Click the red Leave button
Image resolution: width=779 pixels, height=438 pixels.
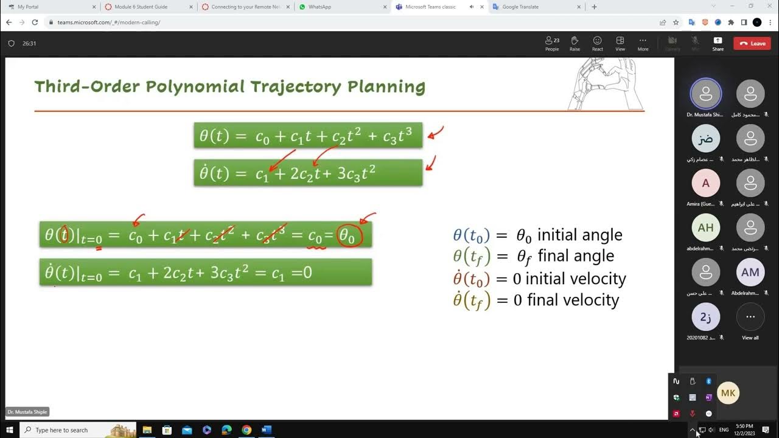click(x=752, y=43)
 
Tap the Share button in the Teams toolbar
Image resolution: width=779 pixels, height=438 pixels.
click(x=718, y=43)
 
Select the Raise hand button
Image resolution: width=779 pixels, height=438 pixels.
click(x=575, y=43)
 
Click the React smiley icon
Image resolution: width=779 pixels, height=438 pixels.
click(x=598, y=43)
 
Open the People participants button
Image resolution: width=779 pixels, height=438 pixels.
click(x=552, y=43)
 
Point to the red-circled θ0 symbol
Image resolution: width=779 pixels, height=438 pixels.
click(x=347, y=235)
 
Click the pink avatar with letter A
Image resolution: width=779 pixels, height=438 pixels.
click(x=706, y=183)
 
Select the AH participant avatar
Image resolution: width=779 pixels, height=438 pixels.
click(x=706, y=228)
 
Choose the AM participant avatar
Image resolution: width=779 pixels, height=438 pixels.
click(x=750, y=272)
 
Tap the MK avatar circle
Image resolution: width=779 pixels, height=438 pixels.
click(x=728, y=393)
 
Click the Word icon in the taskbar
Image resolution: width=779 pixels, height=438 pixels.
click(x=266, y=430)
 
